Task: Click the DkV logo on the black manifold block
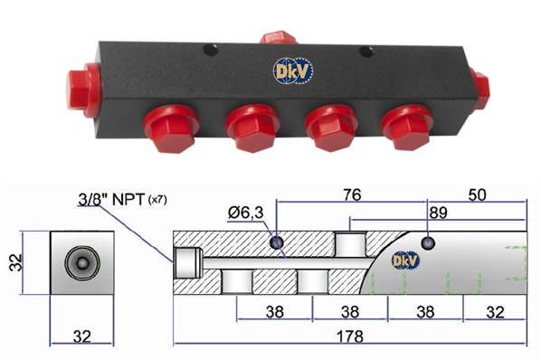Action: tap(293, 71)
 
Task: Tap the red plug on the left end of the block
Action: tap(84, 90)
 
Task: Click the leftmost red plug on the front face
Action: tap(171, 128)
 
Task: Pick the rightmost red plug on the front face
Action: tap(407, 128)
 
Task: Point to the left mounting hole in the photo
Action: tap(211, 51)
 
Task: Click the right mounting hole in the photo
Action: tap(366, 52)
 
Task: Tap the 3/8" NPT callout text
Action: tap(122, 200)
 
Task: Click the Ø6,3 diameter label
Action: tap(246, 213)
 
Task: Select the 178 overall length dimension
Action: tap(350, 336)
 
